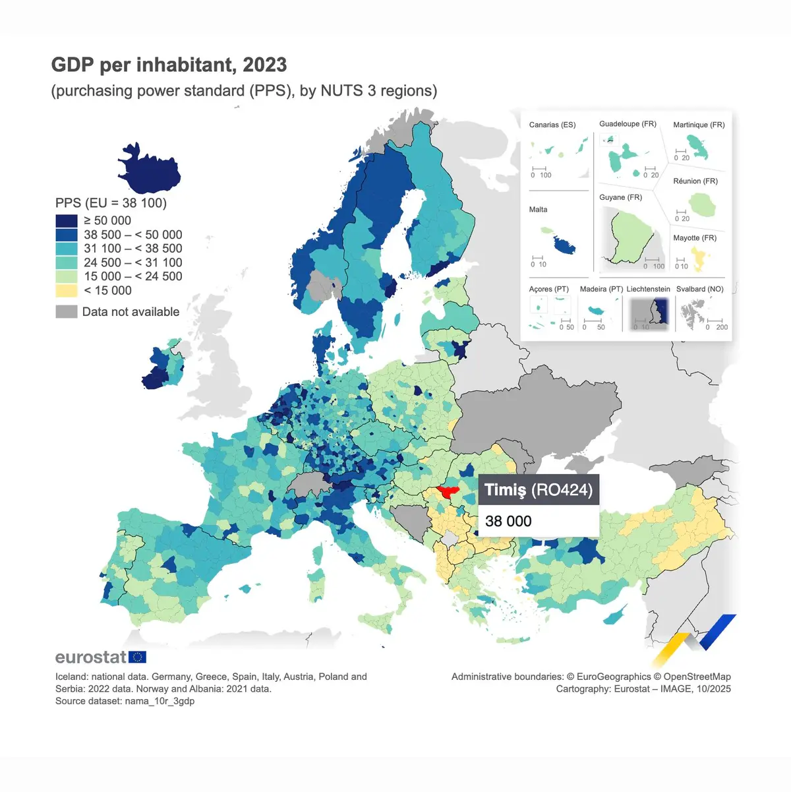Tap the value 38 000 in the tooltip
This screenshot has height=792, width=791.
pos(508,522)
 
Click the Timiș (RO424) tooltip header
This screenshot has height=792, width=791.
pos(538,490)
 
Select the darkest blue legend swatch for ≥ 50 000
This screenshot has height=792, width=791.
pos(67,221)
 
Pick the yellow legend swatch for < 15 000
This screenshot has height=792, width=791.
pos(67,291)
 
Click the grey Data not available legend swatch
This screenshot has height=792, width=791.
pos(67,312)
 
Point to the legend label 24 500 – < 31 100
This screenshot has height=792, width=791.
pos(132,262)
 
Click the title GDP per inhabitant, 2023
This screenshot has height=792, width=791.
pos(169,65)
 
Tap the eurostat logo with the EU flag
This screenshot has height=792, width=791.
pos(101,657)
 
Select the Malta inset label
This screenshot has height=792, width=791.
pos(538,210)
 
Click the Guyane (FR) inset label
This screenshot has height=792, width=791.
pos(620,197)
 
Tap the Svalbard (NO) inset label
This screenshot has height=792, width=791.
pos(699,289)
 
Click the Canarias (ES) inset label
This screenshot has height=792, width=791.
pos(552,125)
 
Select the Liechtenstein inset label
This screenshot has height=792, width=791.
pos(648,289)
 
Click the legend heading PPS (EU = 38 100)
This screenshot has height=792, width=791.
pos(111,203)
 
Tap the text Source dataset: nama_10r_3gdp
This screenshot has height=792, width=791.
pos(125,701)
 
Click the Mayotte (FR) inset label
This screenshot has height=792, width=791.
pos(695,238)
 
